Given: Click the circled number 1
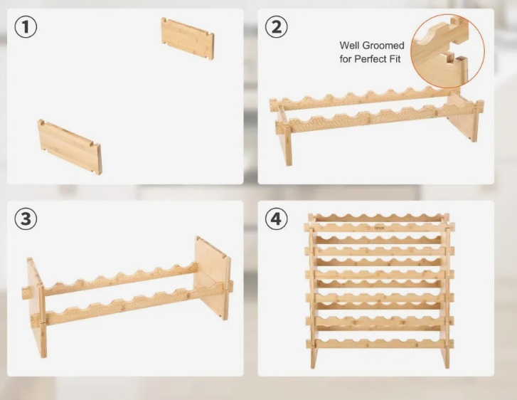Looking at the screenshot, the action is click(26, 27).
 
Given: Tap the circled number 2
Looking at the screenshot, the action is click(277, 27).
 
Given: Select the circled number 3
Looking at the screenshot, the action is click(26, 219).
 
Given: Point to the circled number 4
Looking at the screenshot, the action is click(277, 219).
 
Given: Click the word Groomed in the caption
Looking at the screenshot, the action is click(383, 46).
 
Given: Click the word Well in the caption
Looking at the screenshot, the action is click(349, 46).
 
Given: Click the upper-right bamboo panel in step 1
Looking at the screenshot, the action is click(188, 38).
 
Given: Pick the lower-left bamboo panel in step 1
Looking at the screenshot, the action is click(70, 147).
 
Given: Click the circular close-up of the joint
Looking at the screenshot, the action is click(447, 51).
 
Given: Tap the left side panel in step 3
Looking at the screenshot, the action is click(36, 307).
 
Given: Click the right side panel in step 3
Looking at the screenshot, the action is click(212, 278).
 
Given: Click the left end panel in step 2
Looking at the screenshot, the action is click(284, 136).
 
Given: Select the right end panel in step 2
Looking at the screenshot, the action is click(464, 115).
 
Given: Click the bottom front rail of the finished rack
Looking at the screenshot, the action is click(380, 343).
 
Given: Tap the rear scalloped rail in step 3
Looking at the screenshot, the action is click(120, 280).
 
